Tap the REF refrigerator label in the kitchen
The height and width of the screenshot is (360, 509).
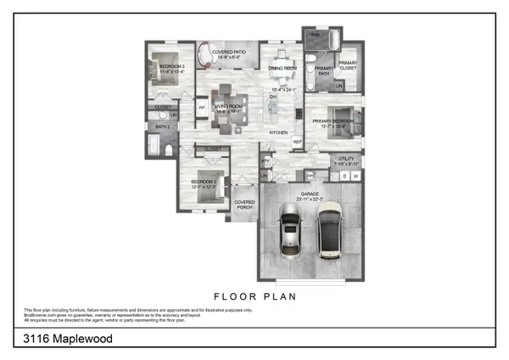click(297, 142)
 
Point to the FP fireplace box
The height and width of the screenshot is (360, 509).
click(201, 109)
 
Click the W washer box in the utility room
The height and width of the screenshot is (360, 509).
click(355, 176)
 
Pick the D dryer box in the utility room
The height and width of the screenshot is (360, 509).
click(344, 176)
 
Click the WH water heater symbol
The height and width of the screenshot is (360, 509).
click(310, 175)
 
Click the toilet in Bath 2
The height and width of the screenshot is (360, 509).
click(169, 151)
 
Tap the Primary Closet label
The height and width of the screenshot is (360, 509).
click(349, 65)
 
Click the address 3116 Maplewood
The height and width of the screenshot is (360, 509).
click(67, 338)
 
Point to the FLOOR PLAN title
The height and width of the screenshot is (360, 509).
click(255, 297)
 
